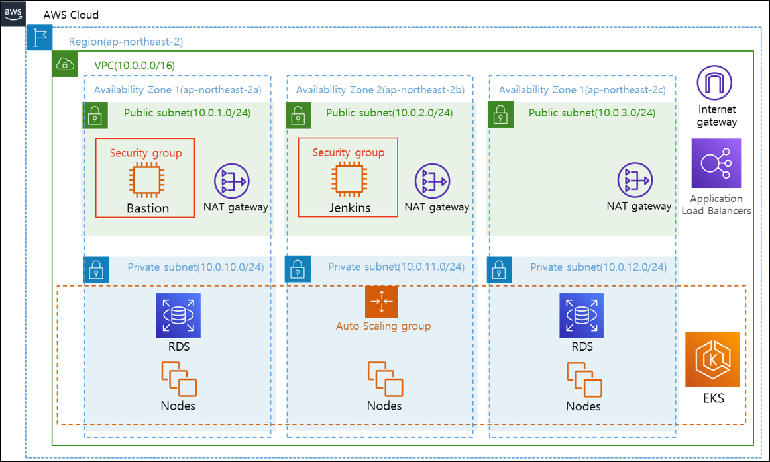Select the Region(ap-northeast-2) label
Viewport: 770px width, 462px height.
coord(125,42)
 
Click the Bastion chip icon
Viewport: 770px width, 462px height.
coord(147,179)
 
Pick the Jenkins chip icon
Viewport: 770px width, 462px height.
coord(349,179)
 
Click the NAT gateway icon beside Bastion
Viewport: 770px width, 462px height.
coord(231,180)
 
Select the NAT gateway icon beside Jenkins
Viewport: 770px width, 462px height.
coord(433,180)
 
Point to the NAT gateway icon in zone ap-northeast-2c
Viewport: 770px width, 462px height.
coord(635,180)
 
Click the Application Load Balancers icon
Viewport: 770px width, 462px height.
coord(716,163)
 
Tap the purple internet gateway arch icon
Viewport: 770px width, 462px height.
coord(714,83)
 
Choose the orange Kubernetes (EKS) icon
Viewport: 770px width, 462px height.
coord(712,359)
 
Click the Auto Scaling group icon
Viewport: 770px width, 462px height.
coord(381,302)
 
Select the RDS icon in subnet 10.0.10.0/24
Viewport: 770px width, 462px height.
coord(178,315)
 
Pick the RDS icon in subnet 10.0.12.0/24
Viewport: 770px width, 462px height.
coord(582,315)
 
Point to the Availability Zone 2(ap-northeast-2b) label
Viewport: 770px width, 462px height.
coord(380,89)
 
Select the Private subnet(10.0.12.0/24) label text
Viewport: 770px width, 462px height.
coord(598,267)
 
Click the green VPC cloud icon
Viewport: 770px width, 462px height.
coord(65,64)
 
